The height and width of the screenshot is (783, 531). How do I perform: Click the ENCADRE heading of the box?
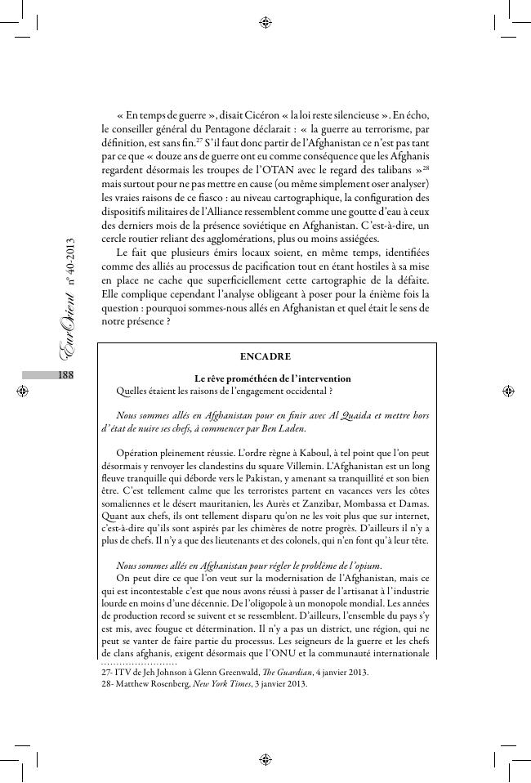click(265, 357)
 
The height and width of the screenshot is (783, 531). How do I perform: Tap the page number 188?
click(66, 374)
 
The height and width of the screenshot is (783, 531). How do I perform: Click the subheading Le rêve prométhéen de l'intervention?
click(273, 378)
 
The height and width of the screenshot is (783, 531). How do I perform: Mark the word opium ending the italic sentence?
click(361, 566)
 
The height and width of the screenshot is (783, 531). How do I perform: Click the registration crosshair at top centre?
click(265, 22)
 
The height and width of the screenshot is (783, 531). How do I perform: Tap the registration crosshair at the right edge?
click(508, 391)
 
